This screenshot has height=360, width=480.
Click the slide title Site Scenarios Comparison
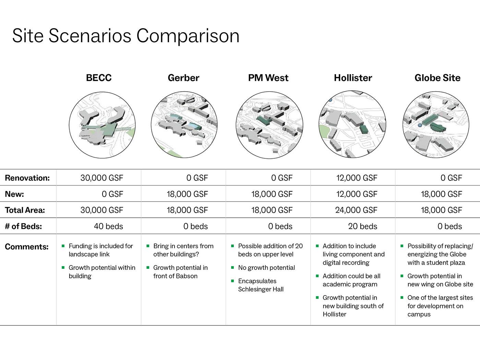(126, 36)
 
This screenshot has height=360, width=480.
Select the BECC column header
(99, 78)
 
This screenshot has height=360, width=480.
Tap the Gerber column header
(183, 78)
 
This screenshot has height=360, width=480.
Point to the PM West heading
(268, 78)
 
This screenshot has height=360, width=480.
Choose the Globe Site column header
(437, 78)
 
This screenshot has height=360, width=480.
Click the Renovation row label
(27, 178)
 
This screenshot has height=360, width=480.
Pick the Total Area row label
(25, 210)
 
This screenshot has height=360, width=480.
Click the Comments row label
(27, 247)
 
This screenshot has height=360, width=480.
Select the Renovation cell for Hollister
(357, 178)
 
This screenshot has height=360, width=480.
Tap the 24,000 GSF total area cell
(356, 210)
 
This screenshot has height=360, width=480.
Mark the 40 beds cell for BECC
(108, 226)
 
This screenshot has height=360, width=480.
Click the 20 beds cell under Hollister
(362, 226)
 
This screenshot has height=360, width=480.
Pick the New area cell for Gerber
(188, 194)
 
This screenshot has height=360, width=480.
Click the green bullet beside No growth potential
(232, 267)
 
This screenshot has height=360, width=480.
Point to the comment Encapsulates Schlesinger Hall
(261, 285)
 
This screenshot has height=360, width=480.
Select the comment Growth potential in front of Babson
(180, 272)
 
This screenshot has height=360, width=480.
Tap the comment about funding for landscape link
(101, 250)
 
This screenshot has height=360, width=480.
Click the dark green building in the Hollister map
(364, 129)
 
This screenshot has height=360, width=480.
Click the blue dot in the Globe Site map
(420, 125)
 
